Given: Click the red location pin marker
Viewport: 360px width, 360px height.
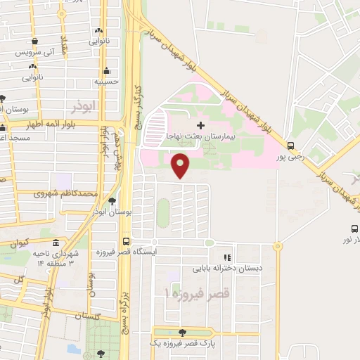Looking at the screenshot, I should (181, 165).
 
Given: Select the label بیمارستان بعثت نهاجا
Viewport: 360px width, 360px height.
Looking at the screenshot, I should (200, 135).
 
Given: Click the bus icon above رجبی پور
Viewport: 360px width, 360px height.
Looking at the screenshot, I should (291, 148).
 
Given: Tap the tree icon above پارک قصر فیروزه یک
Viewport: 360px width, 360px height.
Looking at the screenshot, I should (183, 333).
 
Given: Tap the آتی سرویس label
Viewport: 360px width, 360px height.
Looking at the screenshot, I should (39, 53).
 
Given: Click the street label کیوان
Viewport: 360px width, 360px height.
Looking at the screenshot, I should (20, 243).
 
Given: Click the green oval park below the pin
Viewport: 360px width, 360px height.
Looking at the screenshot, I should (162, 213).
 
